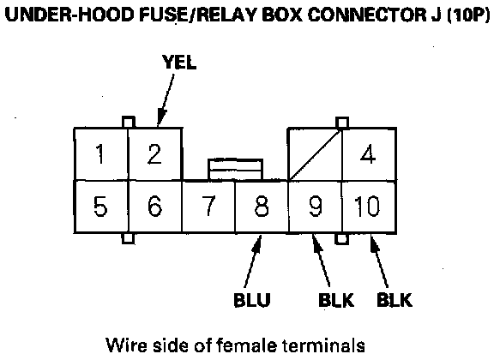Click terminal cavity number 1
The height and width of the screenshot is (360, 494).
point(101,154)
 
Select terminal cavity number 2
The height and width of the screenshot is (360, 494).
point(155,154)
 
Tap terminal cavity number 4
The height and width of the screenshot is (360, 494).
point(369,154)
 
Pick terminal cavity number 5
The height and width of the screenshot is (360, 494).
point(101,207)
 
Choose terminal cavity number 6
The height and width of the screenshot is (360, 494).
point(155,207)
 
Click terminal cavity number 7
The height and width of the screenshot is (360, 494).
point(208,207)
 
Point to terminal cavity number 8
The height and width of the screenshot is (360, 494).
point(262,207)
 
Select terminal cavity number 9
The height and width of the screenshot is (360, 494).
point(316,207)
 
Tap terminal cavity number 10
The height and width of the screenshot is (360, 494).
point(369,207)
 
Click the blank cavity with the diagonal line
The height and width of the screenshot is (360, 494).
point(315,154)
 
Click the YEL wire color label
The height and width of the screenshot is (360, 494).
point(179,62)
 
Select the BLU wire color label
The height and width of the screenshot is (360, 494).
point(252,299)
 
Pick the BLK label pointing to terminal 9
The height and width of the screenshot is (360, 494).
point(336,299)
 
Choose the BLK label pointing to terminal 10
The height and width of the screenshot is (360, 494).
point(395,299)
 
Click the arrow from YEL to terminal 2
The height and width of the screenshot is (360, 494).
point(166,100)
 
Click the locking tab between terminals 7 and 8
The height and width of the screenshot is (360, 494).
point(235,170)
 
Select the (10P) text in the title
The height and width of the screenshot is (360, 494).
point(468,15)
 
